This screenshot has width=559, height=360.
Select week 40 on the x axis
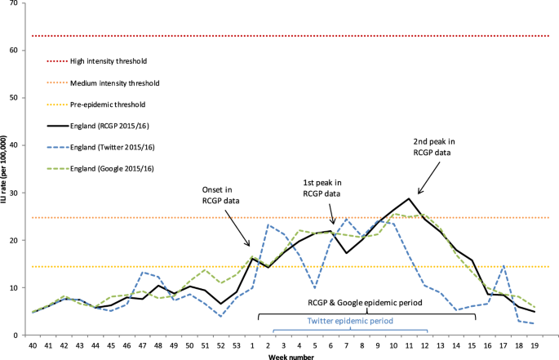point(33,347)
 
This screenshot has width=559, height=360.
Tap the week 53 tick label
point(236,347)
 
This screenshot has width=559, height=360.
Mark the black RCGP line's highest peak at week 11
point(408,198)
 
